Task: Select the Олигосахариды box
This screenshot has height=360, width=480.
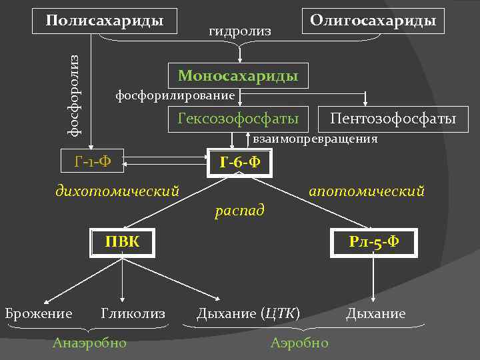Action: (373, 21)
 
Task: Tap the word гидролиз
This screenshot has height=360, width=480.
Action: (240, 31)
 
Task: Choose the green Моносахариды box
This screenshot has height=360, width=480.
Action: (238, 76)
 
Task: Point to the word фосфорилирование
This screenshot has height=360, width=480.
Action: (175, 95)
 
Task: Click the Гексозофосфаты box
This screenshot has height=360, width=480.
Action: (238, 119)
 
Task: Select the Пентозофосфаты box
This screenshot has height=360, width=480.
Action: (393, 119)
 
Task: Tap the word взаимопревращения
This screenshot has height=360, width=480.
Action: (315, 139)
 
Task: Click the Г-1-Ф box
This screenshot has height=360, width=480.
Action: (93, 161)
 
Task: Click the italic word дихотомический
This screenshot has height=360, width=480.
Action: (117, 191)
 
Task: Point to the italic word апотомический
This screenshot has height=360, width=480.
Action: (366, 191)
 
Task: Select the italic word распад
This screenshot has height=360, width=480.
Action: (240, 210)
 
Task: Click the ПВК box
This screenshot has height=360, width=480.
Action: (123, 241)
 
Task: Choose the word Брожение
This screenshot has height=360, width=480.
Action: (39, 313)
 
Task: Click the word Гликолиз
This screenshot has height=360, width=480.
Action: (133, 313)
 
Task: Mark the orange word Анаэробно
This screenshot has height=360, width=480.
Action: (90, 343)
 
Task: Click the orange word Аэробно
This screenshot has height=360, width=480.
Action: (299, 343)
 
